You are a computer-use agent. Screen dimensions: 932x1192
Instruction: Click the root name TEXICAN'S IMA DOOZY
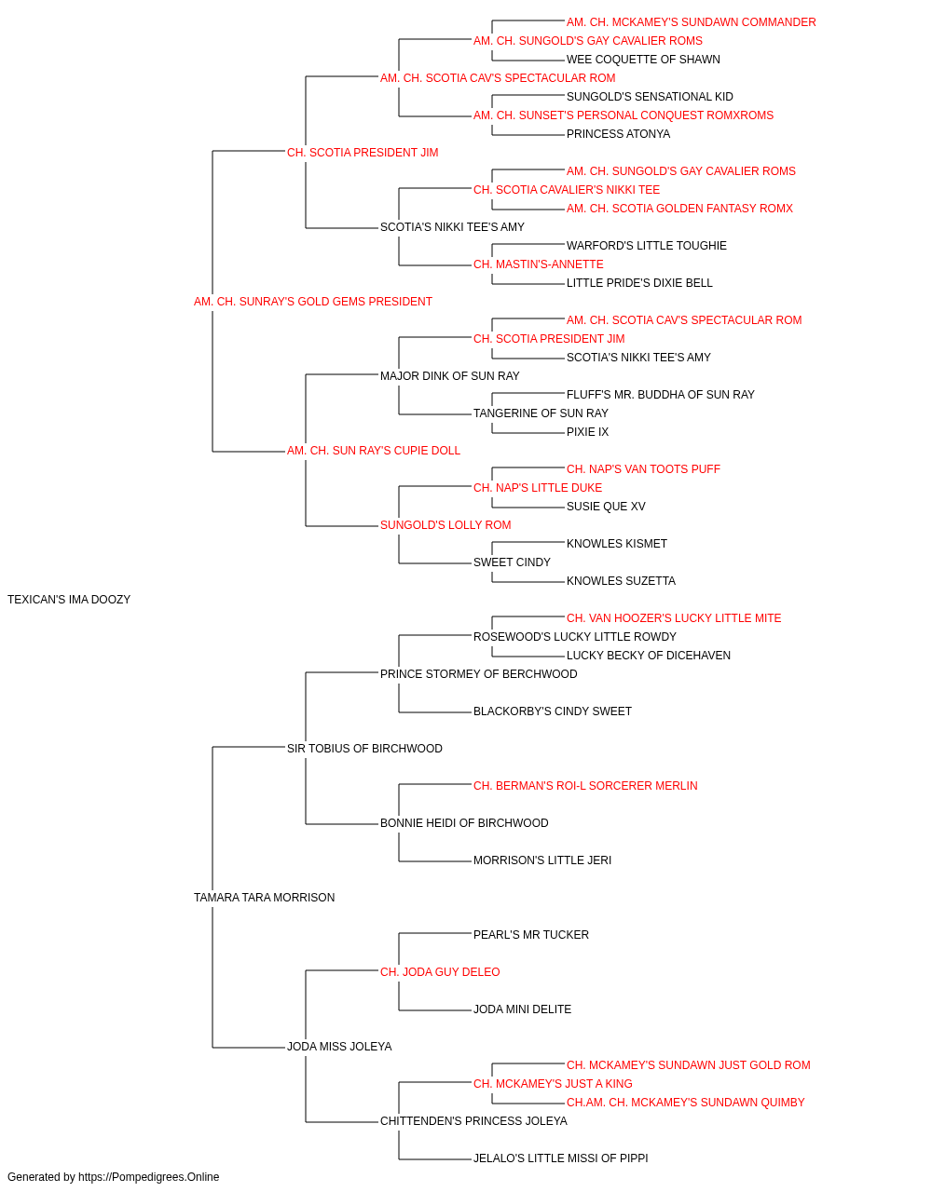tap(69, 600)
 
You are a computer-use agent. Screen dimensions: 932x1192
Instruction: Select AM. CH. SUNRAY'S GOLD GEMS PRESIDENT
tap(313, 302)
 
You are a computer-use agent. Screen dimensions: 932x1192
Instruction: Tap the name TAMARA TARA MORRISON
tap(264, 898)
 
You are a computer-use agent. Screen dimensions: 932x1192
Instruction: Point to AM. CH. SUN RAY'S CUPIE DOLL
tap(373, 451)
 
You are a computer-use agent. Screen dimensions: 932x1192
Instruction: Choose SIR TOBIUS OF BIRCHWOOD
tap(364, 748)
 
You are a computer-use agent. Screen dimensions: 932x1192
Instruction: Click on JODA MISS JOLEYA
tap(339, 1046)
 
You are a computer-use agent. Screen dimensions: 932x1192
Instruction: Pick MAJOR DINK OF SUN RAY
tap(449, 375)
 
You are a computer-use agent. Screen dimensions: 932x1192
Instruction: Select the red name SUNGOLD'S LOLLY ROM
tap(445, 525)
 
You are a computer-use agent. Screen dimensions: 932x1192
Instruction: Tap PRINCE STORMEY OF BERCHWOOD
tap(479, 673)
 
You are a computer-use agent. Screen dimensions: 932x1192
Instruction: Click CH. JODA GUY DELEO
tap(440, 971)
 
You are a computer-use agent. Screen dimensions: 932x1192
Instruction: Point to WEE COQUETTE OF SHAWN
tap(643, 60)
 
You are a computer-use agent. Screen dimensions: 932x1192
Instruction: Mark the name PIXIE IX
tap(587, 432)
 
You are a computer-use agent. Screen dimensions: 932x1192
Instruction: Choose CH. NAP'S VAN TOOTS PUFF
tap(643, 469)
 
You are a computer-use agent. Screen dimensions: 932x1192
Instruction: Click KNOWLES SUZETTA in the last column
tap(621, 581)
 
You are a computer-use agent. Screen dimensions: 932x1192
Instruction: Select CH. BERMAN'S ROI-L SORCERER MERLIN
tap(585, 786)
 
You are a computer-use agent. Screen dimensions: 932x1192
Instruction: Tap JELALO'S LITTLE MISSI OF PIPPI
tap(560, 1158)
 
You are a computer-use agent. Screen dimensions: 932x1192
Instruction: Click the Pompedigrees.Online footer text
tap(113, 1177)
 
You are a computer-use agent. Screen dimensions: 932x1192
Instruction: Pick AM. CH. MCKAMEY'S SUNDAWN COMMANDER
tap(691, 22)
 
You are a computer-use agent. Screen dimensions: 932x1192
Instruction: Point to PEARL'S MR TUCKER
tap(530, 935)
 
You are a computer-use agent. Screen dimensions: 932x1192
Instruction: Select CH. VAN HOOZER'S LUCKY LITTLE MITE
tap(674, 618)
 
